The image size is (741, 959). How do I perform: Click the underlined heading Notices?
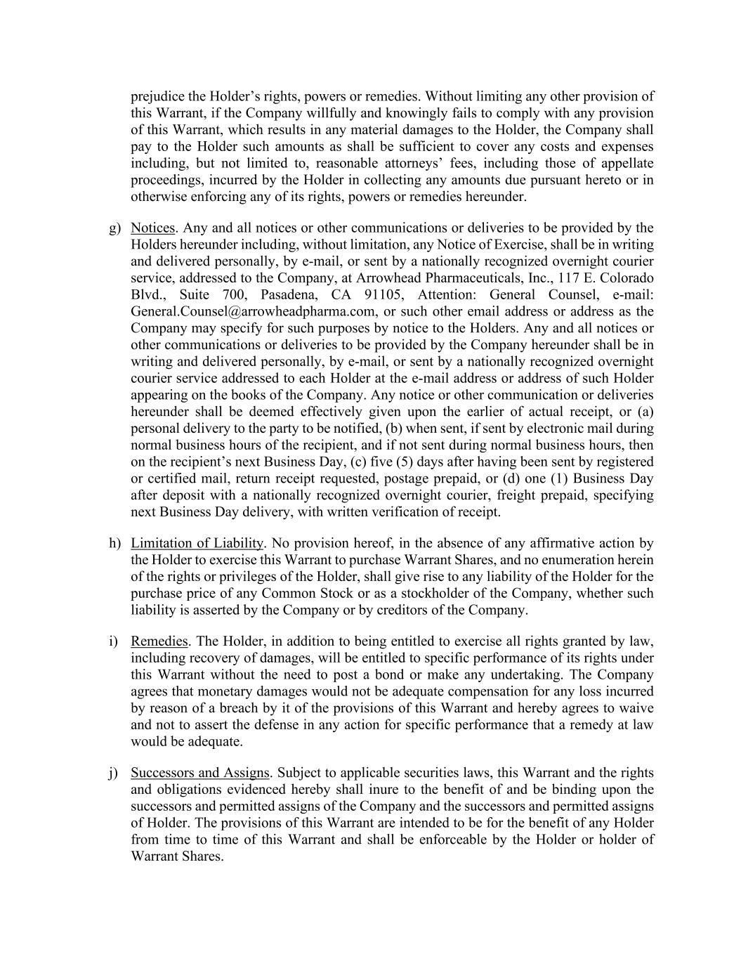(x=152, y=228)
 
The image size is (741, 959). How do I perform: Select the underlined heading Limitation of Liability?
(x=197, y=543)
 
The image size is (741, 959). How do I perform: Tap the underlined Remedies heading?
(x=159, y=641)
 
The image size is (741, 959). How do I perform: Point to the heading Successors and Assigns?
(x=199, y=773)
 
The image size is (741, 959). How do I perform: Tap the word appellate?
(x=626, y=163)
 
